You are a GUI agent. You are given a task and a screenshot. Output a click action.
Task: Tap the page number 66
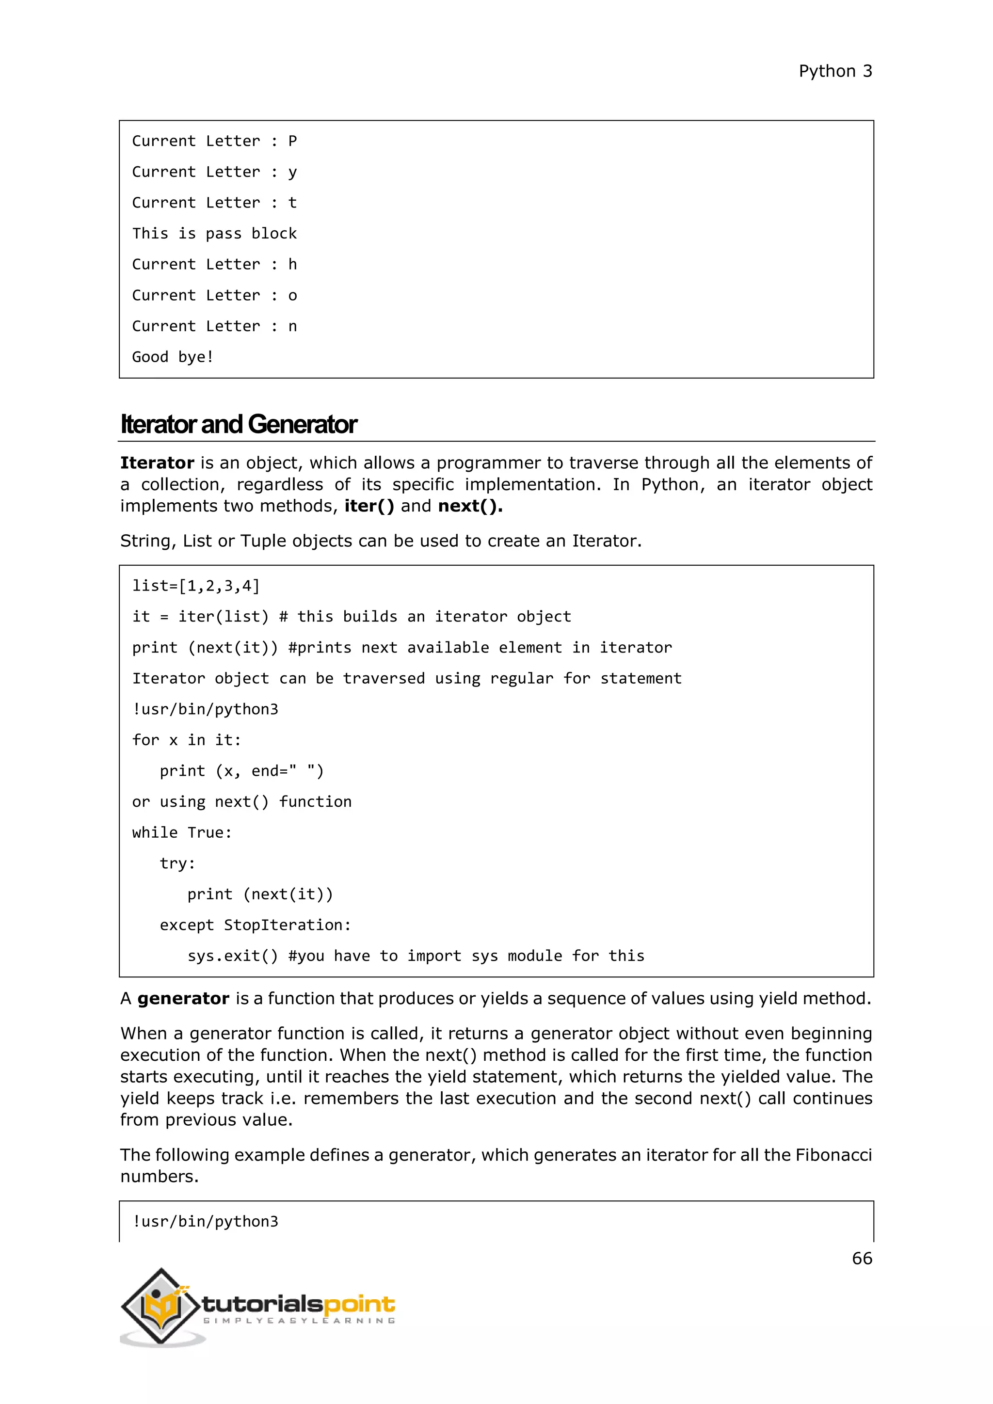862,1258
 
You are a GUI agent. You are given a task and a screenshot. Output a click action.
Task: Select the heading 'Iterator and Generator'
239,424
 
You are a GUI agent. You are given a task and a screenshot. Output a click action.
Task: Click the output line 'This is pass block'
214,234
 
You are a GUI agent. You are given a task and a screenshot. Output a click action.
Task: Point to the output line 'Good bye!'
173,357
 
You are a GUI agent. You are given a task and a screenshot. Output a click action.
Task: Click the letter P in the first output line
292,141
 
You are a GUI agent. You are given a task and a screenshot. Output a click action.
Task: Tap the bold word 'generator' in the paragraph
183,999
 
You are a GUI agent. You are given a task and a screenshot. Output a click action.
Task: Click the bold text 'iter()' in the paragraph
368,506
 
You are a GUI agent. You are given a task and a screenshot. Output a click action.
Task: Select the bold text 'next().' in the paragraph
470,506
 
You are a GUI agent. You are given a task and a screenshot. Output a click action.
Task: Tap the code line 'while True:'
182,833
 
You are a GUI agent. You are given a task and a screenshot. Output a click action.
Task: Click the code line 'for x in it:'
187,740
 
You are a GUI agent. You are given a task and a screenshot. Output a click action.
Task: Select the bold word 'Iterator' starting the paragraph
157,463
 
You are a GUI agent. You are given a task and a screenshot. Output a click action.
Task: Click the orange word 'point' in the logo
359,1304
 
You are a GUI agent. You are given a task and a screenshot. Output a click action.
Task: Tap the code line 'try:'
177,863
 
